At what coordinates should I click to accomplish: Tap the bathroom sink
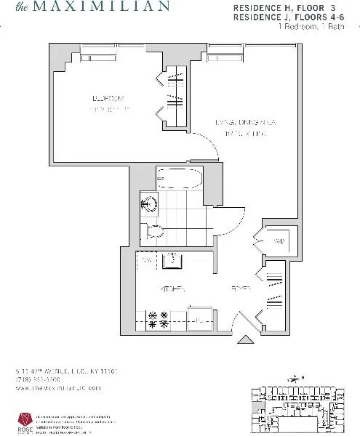148,204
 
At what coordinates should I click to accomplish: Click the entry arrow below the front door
244,338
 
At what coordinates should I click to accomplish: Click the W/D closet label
279,240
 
